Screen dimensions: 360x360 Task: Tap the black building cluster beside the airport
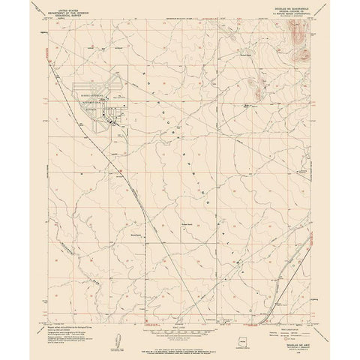pos(117,118)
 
